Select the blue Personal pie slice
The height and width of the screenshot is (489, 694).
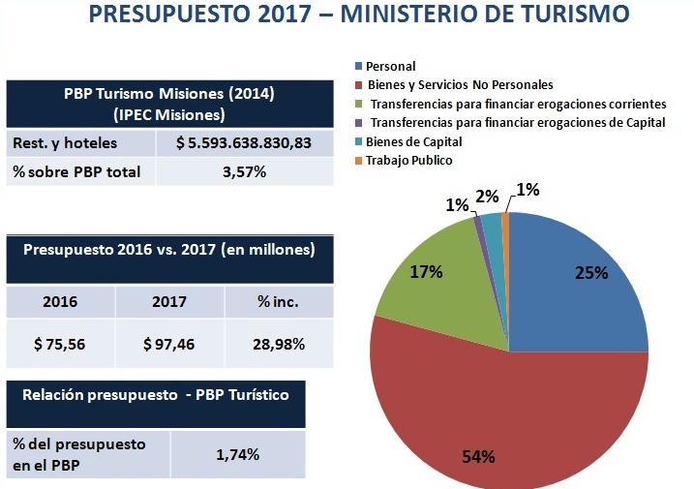tap(581, 290)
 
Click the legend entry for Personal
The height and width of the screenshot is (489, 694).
tap(392, 66)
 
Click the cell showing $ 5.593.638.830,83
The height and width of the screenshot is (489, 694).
tap(244, 143)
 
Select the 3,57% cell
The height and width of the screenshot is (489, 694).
tap(244, 173)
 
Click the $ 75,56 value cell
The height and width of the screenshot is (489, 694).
tap(61, 344)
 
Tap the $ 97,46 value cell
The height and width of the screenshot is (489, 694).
tap(169, 344)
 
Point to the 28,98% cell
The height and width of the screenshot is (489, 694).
tap(279, 344)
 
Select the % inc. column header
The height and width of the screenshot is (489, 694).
tap(279, 301)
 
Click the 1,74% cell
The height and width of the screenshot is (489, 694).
tap(238, 454)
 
